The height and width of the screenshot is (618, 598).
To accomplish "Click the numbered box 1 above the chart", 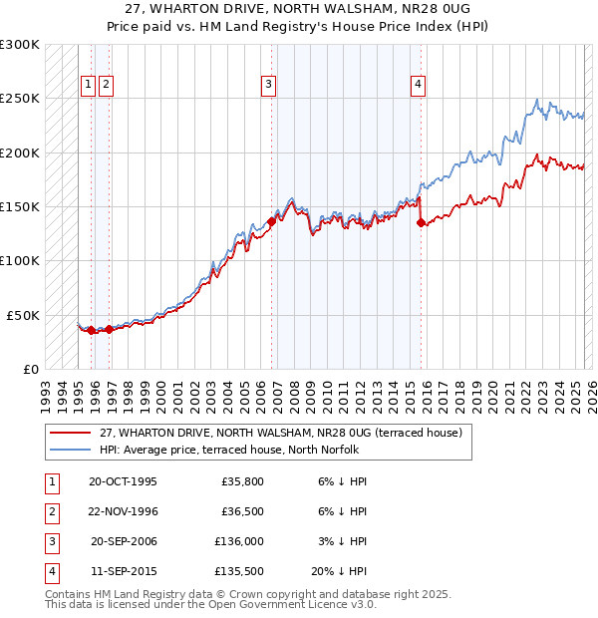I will click(89, 85).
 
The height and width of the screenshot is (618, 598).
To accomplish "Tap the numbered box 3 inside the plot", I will click(269, 85).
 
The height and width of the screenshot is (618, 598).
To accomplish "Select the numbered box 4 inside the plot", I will click(418, 85).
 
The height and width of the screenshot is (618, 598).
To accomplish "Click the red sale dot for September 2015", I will click(420, 223).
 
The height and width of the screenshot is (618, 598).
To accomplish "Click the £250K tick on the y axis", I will click(20, 99).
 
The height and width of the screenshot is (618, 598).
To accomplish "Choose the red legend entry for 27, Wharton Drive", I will click(280, 434).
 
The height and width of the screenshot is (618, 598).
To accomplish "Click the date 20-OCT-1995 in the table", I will click(123, 481).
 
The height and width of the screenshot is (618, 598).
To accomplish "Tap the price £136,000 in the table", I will click(239, 541).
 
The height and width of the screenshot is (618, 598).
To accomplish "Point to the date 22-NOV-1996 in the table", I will click(124, 511).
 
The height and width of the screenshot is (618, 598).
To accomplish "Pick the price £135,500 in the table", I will click(239, 572).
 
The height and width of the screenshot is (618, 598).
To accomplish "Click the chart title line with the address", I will click(299, 9).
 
